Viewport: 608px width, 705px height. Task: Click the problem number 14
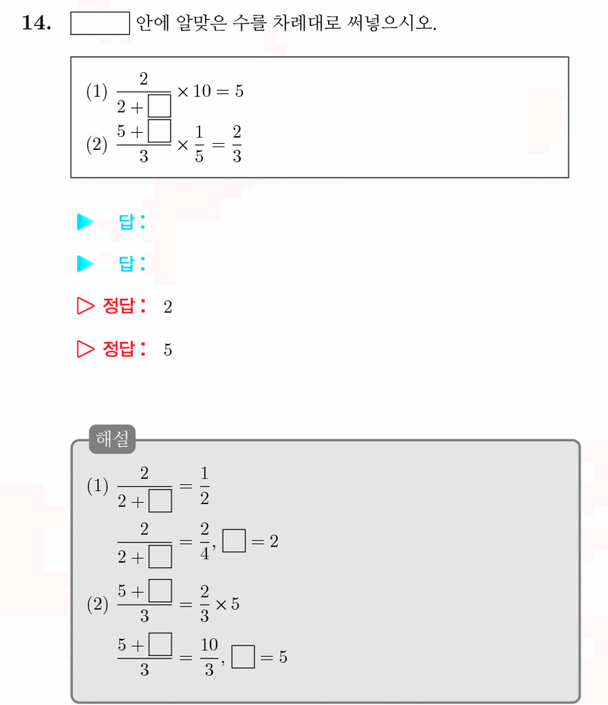tap(36, 23)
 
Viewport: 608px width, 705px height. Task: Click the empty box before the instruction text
tap(100, 23)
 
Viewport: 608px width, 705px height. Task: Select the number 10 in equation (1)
tap(202, 91)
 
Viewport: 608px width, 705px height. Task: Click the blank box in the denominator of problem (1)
tap(159, 106)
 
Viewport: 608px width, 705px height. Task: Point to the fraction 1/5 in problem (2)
tap(199, 144)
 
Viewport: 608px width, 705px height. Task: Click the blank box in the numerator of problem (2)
tap(159, 131)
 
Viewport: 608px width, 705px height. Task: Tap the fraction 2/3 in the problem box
tap(237, 144)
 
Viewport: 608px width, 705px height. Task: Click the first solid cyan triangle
tap(85, 221)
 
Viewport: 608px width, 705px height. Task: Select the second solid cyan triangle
tap(85, 264)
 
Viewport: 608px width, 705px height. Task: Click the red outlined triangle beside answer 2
tap(85, 306)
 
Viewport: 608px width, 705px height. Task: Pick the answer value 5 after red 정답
tap(168, 350)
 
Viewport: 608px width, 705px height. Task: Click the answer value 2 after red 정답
tap(168, 307)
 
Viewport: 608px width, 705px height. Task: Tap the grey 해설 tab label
tap(112, 439)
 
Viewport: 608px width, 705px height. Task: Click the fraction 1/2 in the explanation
tap(204, 486)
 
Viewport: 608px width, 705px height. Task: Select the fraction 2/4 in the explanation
tap(205, 541)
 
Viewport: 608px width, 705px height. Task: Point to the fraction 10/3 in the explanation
tap(209, 657)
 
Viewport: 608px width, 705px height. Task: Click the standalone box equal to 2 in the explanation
tap(234, 541)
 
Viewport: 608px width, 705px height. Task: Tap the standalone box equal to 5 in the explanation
tap(243, 657)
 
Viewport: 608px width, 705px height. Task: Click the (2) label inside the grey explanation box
tap(97, 605)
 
